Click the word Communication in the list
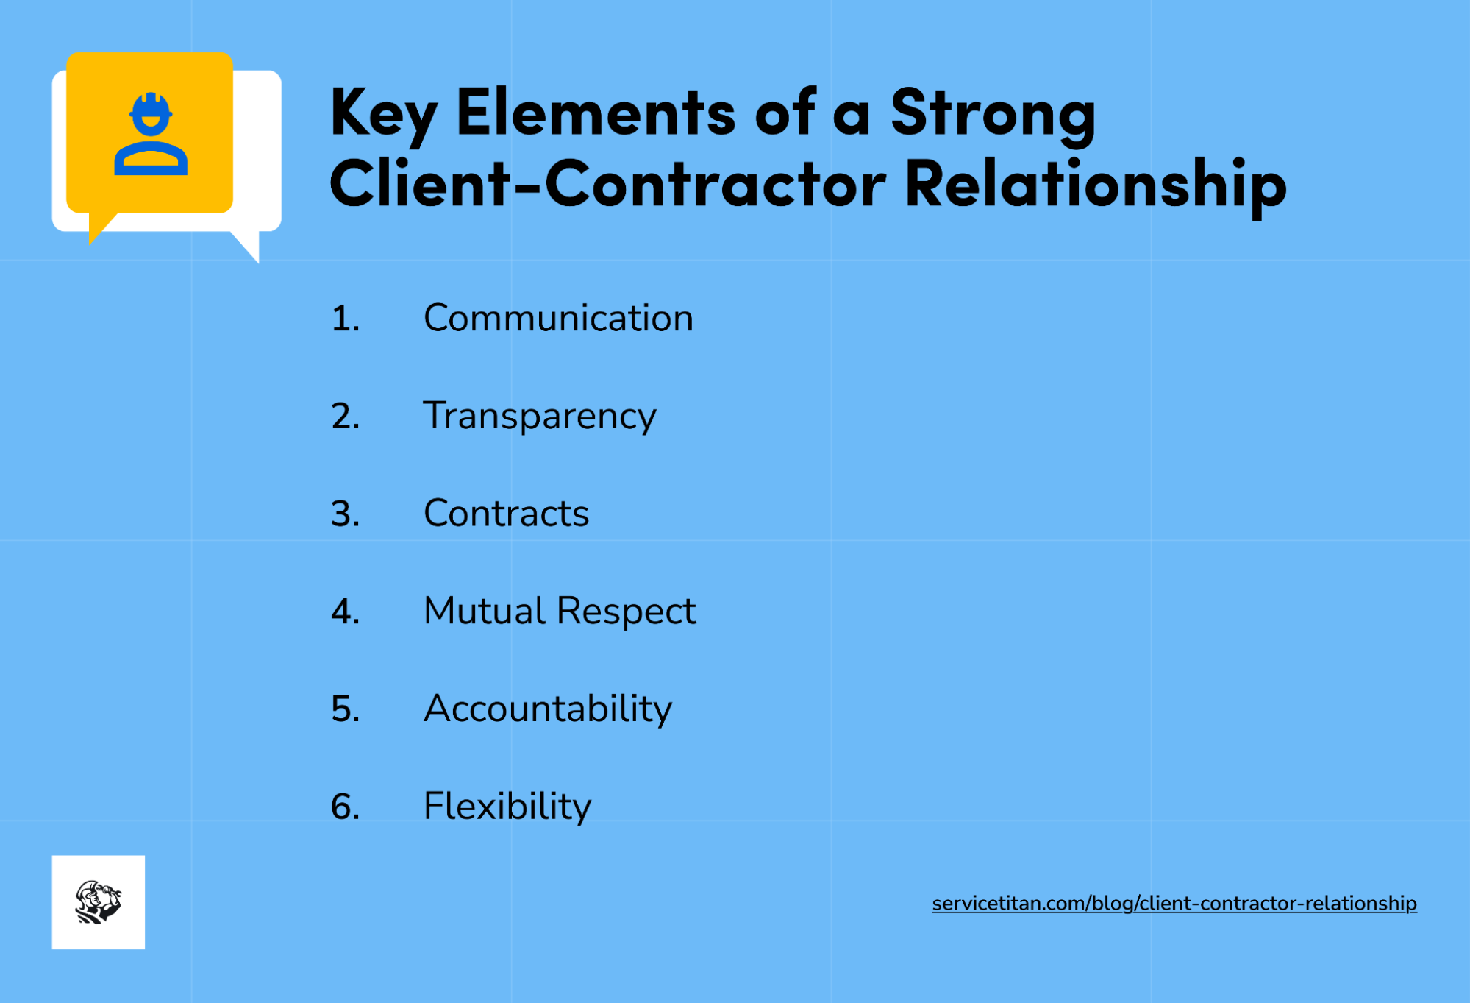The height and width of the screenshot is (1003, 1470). coord(558,318)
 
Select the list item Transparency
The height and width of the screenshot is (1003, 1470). coord(539,416)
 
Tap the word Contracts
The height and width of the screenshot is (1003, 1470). coord(506,513)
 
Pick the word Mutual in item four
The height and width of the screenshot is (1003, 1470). coord(483,611)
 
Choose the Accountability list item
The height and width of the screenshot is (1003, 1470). coord(547,709)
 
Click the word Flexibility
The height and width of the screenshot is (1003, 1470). coord(507,806)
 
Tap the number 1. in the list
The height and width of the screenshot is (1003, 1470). coord(345,319)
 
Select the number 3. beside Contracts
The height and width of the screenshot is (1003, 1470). coord(345,514)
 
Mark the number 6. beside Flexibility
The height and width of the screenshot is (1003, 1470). coord(345,807)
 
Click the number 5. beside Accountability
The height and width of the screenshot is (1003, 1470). coord(345,709)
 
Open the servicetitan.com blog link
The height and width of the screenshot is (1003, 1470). coord(1174,903)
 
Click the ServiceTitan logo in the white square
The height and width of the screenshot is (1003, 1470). coord(99,901)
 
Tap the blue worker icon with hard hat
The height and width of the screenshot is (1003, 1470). coord(151,134)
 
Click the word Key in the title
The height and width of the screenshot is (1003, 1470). coord(383,113)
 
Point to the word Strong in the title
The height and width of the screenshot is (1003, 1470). coord(993,113)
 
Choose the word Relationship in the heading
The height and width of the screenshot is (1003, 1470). coord(1095,184)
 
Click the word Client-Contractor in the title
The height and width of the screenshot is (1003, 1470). coord(607,184)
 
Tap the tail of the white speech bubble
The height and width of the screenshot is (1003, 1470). coord(249,246)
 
